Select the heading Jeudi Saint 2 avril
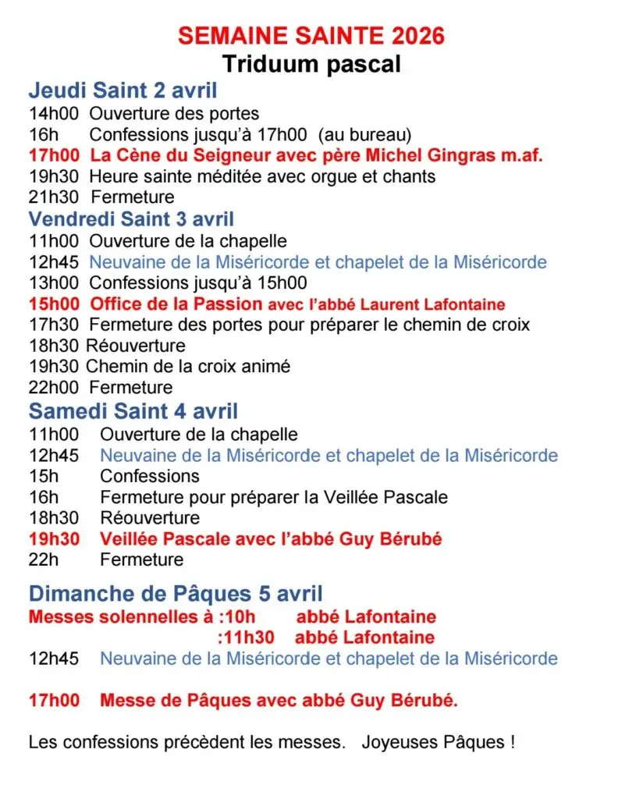click(x=123, y=91)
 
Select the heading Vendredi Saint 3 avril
click(x=131, y=219)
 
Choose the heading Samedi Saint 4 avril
click(x=133, y=410)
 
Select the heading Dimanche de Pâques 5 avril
click(x=176, y=594)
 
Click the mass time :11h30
click(x=246, y=637)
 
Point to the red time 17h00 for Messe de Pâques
click(x=54, y=701)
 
